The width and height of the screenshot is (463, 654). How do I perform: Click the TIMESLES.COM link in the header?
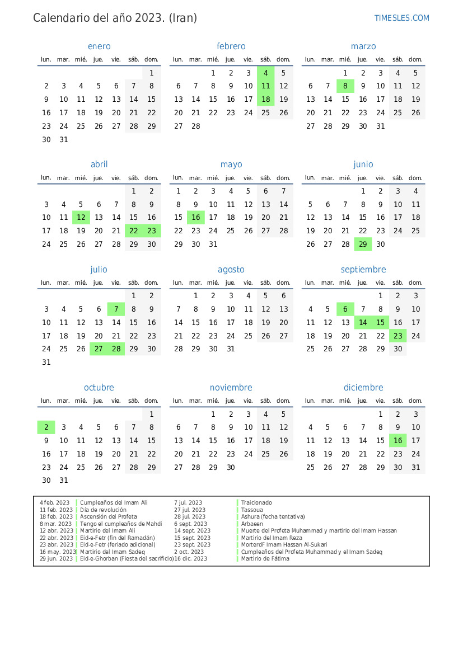[x=401, y=18]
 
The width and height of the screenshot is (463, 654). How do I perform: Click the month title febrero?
[x=231, y=46]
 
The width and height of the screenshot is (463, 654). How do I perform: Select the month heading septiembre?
[x=363, y=270]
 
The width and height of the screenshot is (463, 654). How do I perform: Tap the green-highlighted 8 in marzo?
[x=345, y=86]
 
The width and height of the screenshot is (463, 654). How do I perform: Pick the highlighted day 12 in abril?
[x=81, y=217]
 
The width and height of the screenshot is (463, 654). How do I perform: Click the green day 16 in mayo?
[x=196, y=217]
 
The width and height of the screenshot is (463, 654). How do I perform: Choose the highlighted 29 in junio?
[x=363, y=244]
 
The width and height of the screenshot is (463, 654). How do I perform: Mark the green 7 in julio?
[x=116, y=309]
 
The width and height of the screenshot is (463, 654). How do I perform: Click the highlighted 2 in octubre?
[x=46, y=427]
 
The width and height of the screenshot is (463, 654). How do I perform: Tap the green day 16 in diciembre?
[x=398, y=440]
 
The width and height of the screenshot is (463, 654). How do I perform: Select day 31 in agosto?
[x=231, y=349]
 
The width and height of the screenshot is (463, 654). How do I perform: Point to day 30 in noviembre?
[x=231, y=467]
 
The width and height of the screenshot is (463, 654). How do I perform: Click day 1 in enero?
[x=151, y=73]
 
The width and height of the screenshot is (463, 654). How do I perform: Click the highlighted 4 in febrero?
[x=266, y=73]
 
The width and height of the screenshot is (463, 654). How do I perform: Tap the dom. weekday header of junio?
[x=415, y=178]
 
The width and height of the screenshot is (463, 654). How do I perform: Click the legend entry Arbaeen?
[x=252, y=524]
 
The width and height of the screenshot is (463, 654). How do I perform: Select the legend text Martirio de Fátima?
[x=265, y=558]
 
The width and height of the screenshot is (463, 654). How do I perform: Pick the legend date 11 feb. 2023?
[x=56, y=510]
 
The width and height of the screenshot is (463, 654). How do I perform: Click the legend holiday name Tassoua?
[x=252, y=510]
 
